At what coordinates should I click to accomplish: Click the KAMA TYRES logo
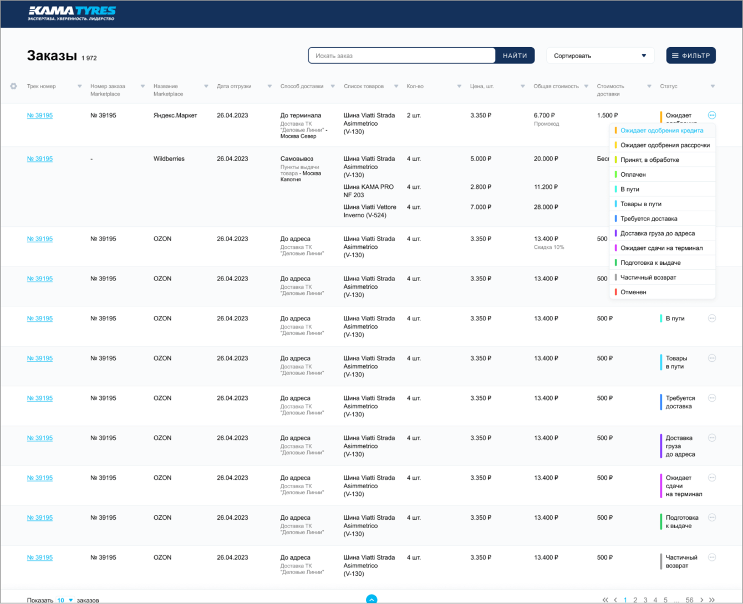point(72,13)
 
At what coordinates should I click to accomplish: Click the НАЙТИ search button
point(515,55)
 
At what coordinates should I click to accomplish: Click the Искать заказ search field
point(401,55)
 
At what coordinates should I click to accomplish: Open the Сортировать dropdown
point(600,55)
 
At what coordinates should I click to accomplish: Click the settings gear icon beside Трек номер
point(13,86)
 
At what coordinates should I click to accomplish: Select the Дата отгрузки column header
point(234,86)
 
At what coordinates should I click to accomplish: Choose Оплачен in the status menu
point(633,175)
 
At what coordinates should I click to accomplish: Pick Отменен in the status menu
point(633,292)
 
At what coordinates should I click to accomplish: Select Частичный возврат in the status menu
point(648,278)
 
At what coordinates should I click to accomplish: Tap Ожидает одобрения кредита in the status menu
point(661,131)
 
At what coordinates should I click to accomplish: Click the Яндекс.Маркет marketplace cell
point(175,115)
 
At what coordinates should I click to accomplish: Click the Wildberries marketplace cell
point(169,158)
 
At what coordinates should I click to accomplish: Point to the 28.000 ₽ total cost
point(546,207)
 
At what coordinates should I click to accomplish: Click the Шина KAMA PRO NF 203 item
point(369,191)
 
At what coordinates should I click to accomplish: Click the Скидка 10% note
point(549,247)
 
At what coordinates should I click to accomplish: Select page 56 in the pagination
point(689,600)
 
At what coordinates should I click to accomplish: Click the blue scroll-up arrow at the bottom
point(371,599)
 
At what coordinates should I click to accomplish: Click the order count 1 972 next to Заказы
point(89,58)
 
